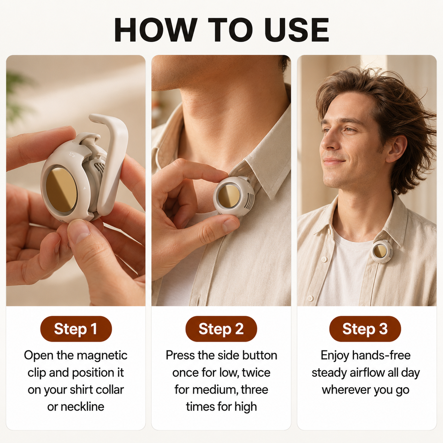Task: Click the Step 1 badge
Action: coord(76,329)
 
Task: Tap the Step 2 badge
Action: coord(221,329)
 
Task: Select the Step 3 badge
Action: coord(365,329)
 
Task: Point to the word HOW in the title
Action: coord(156,30)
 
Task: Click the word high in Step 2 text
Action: coord(246,407)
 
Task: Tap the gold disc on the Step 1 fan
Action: coord(61,190)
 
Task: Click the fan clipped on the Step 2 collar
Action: coord(234,196)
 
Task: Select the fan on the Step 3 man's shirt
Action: coord(382,252)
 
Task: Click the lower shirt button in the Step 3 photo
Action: coord(310,299)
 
